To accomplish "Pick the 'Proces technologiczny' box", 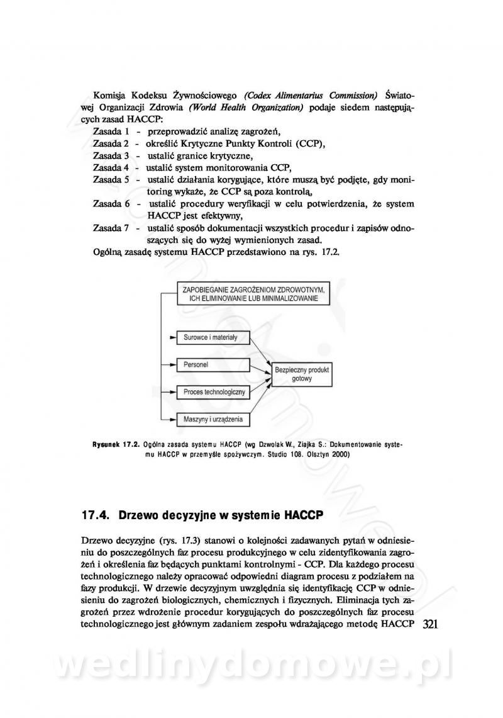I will pos(213,392).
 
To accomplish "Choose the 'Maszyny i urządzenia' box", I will pos(213,418).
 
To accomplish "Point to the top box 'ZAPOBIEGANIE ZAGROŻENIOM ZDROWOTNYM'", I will pos(253,294).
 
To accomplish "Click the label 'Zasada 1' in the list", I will pos(111,132).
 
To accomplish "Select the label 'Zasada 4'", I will pos(111,167).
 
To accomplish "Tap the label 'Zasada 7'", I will pos(111,228).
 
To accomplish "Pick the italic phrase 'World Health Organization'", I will pos(246,108).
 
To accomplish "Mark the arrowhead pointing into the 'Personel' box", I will pos(172,364).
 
